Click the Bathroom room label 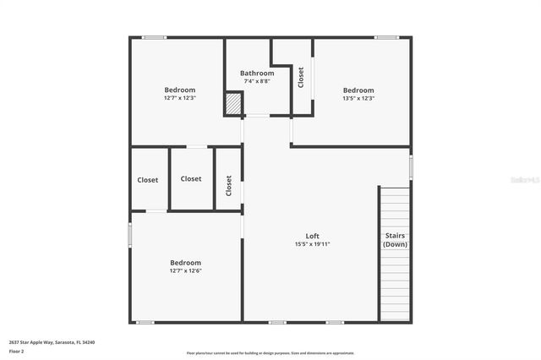(257, 74)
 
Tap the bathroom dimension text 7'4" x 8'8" (257, 82)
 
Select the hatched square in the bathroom (232, 104)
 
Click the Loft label (312, 236)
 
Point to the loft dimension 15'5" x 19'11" (312, 244)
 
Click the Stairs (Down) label (395, 240)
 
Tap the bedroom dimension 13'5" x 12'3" (358, 98)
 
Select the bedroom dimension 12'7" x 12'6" (185, 270)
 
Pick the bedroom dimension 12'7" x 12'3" (179, 98)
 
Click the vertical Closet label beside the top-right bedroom (301, 78)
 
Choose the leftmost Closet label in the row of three (148, 179)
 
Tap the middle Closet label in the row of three (191, 178)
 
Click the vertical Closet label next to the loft (228, 185)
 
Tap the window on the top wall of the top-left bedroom (154, 36)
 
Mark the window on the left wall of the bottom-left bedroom (129, 233)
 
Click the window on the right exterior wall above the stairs (412, 166)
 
